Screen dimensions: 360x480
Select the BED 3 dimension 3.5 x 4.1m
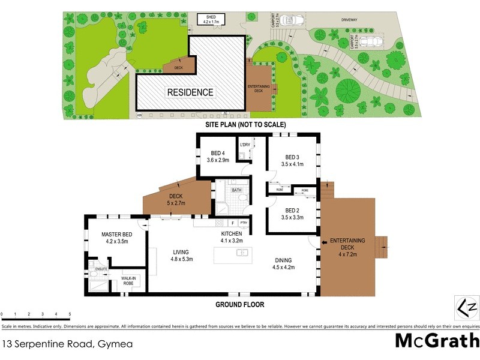(293, 164)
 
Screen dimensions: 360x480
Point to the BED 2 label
(292, 211)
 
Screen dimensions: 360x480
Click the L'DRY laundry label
(245, 145)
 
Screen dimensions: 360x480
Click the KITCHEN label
(231, 233)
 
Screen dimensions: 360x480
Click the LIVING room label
(181, 252)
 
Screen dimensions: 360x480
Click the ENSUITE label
(100, 269)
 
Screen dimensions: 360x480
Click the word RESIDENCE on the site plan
(190, 92)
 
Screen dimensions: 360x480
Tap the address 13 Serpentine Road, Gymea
(67, 344)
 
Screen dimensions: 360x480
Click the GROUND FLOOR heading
(239, 305)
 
